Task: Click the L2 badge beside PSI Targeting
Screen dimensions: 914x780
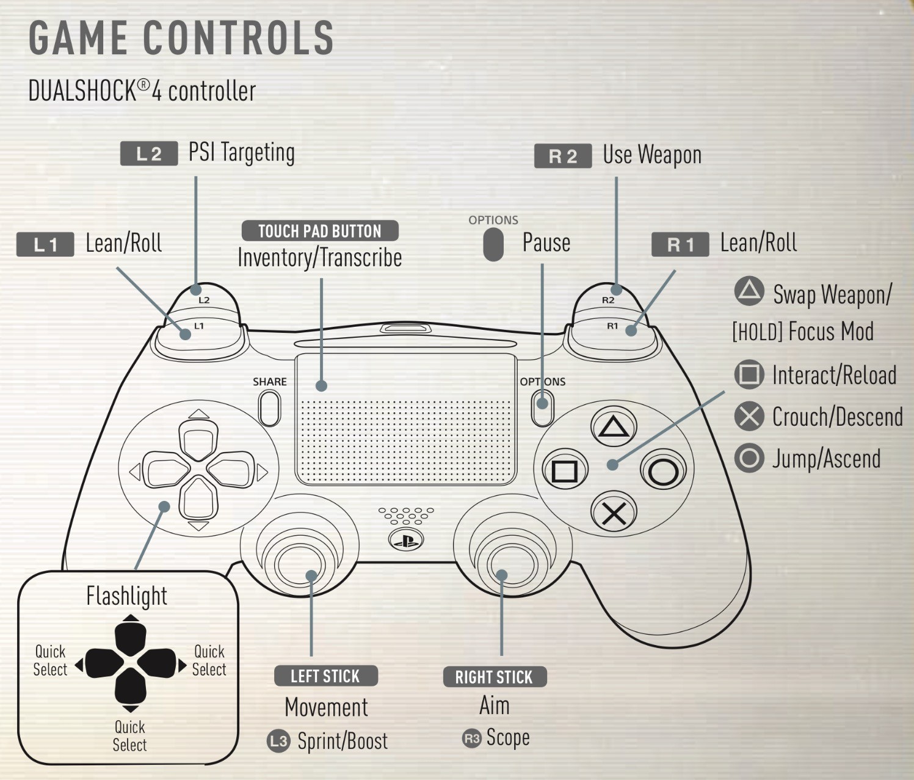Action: (x=149, y=154)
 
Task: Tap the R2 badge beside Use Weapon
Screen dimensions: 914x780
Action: (x=562, y=156)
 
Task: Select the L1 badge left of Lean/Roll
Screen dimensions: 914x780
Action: (x=45, y=245)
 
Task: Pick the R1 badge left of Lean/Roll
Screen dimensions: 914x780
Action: (x=680, y=245)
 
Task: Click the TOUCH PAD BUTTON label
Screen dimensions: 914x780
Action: (x=320, y=231)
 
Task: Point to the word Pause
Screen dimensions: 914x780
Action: (x=546, y=243)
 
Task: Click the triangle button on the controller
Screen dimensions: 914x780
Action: (x=614, y=426)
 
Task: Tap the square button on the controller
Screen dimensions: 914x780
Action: (x=565, y=471)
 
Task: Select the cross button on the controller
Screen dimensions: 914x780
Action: (x=614, y=514)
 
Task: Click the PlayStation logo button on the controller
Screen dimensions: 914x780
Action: (x=406, y=540)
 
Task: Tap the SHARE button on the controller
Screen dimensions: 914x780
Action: (x=270, y=408)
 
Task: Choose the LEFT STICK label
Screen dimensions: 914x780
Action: (x=325, y=676)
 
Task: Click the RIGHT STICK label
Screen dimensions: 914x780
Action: (x=494, y=677)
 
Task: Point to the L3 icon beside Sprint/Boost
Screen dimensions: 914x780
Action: (x=278, y=742)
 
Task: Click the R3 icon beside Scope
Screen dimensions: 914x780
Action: (x=472, y=738)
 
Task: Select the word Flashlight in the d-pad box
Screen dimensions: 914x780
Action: (x=127, y=596)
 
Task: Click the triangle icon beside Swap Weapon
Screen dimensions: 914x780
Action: (x=749, y=291)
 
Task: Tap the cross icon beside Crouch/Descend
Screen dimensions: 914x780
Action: (x=749, y=417)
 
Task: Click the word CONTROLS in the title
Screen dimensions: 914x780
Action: (x=238, y=38)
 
